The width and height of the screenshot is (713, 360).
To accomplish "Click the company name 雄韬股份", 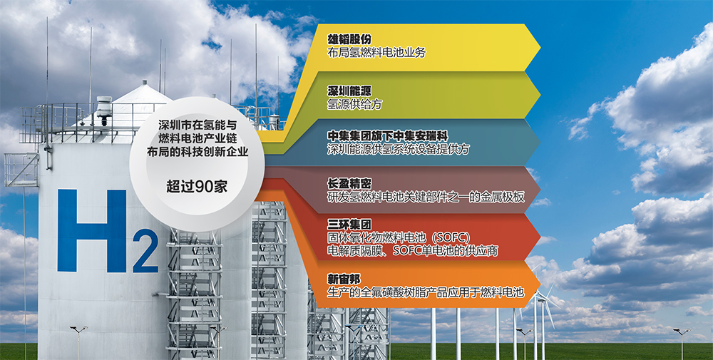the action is (349, 39).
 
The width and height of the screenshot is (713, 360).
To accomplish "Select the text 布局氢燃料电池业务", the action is (376, 53).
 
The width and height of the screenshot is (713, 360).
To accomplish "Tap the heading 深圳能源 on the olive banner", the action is (349, 91).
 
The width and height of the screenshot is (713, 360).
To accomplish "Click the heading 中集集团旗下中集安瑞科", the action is (387, 136).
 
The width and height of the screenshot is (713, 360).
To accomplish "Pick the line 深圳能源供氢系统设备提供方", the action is (399, 149).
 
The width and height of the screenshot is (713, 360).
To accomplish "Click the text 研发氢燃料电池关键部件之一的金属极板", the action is (426, 197).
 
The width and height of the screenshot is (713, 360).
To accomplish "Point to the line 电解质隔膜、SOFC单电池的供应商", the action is (412, 250).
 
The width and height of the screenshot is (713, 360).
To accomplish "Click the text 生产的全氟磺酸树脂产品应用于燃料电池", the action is (426, 292).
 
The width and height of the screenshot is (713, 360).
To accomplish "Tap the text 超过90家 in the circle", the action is (197, 186).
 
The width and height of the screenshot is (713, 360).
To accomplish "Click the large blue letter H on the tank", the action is (91, 230).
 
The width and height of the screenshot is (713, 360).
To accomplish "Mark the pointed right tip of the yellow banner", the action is (540, 47).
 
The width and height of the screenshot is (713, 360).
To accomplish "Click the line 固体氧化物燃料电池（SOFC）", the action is (399, 237).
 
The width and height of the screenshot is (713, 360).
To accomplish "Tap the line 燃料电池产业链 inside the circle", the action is (198, 138).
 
